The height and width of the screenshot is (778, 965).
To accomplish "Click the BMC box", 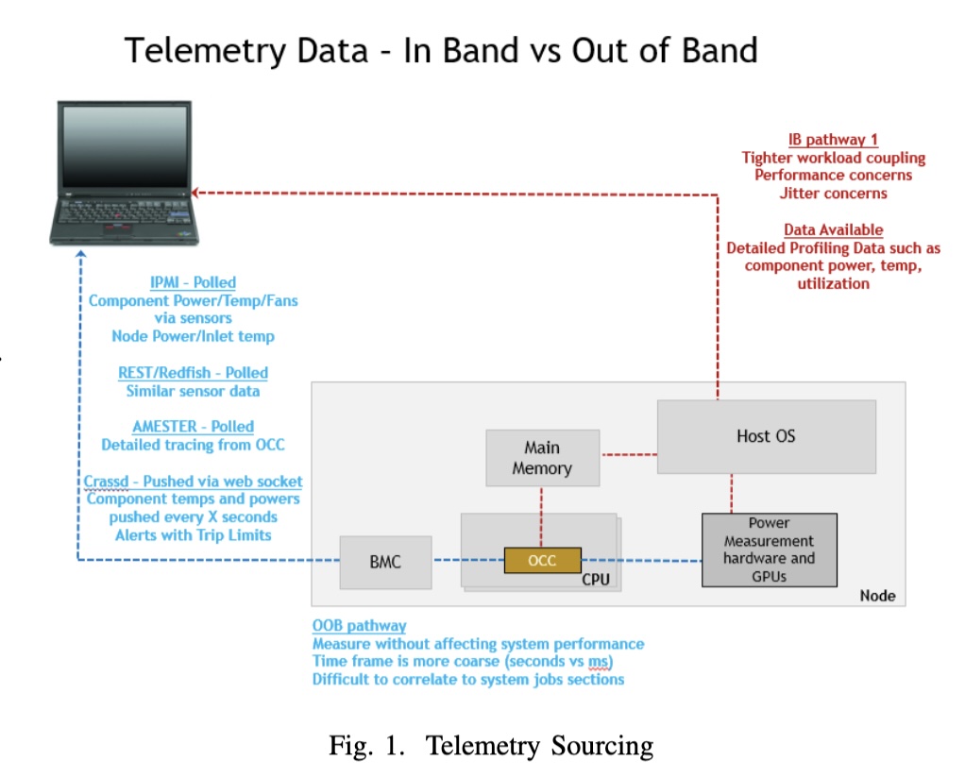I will point(385,562).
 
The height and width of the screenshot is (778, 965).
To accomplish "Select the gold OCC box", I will point(542,561).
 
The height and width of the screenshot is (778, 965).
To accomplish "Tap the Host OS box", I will point(766,436).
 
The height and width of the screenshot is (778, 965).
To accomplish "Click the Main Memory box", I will point(542,458).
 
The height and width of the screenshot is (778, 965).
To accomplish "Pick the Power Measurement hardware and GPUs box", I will point(769,550).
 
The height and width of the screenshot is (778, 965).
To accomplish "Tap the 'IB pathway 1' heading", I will point(833,140).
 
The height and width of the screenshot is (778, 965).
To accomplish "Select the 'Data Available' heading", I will point(833,229).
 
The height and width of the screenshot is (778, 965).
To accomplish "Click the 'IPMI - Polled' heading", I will point(193,282).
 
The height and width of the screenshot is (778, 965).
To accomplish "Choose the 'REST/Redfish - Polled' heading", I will point(193,373).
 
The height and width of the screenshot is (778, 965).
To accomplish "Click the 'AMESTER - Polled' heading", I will point(193,427).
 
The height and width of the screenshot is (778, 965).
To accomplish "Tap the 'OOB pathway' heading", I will point(360,625).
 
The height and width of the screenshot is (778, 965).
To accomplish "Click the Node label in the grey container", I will point(877,596).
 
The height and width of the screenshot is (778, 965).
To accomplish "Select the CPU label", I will point(595,578).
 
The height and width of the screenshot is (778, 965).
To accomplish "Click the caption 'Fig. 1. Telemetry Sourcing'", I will point(490,746).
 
